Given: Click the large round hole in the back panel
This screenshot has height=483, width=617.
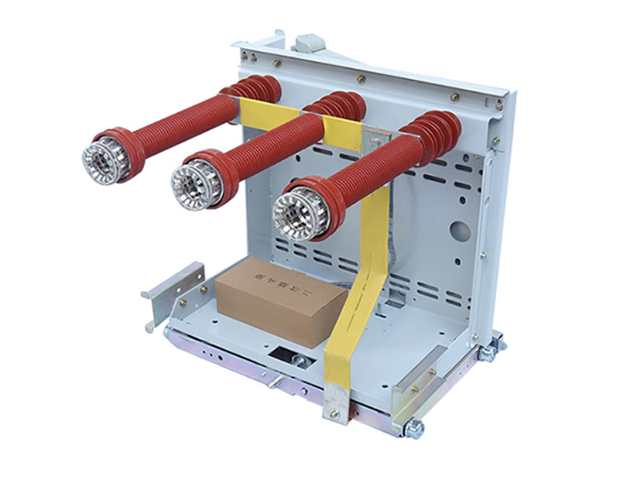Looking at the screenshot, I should (462, 231).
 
